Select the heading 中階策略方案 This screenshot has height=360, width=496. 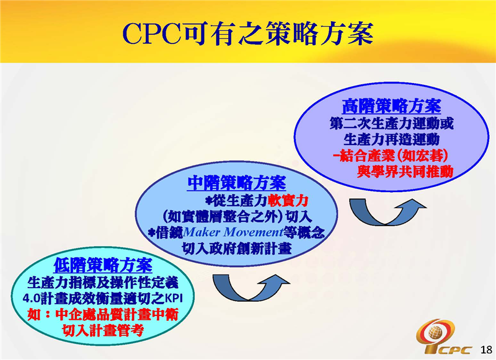[236, 183]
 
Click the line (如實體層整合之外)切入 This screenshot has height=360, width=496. [236, 216]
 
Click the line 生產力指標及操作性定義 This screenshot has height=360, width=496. [103, 283]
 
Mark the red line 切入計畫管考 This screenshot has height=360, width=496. [103, 331]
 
